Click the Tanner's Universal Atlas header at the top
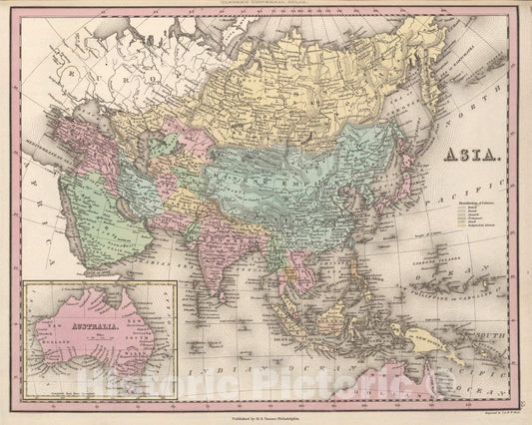click(x=265, y=6)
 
